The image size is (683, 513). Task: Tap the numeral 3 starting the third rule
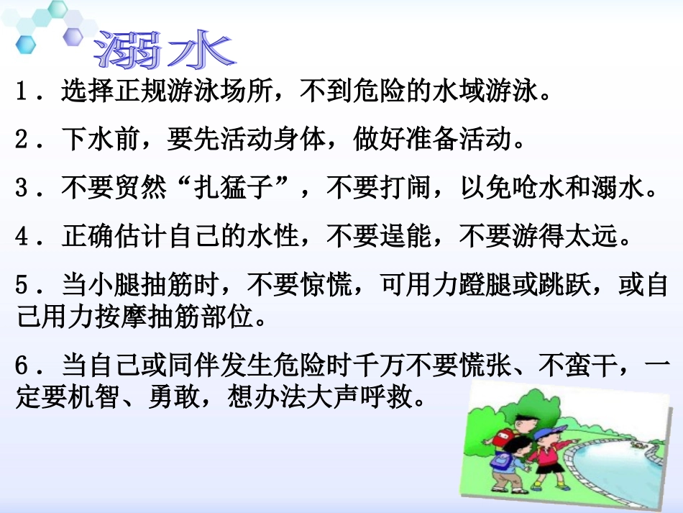[x=22, y=189]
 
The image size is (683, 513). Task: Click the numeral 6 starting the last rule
[x=22, y=368]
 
